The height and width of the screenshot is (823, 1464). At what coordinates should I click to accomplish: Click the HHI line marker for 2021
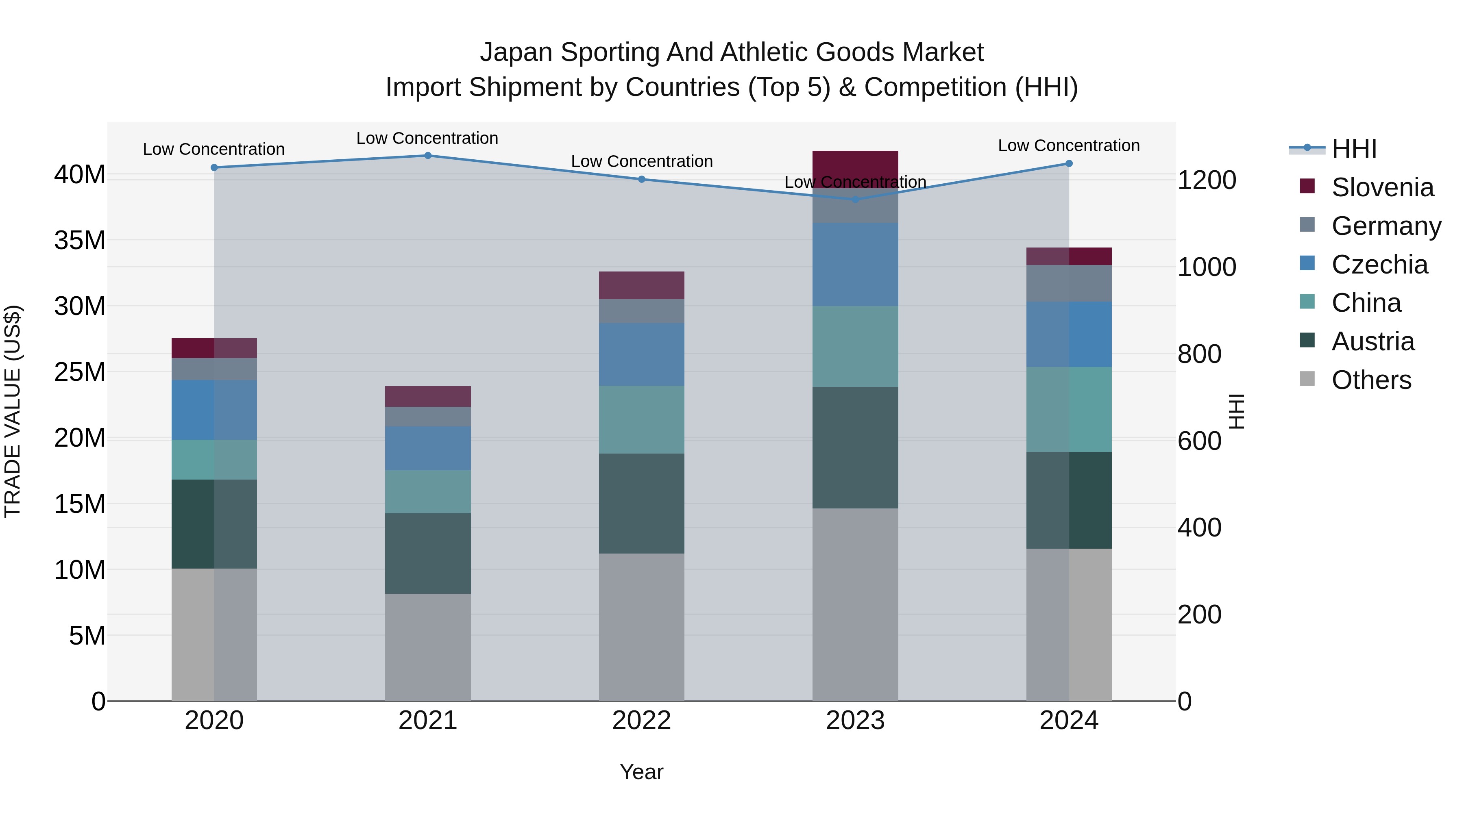tap(428, 156)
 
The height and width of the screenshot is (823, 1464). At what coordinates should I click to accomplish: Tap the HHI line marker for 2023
tap(855, 200)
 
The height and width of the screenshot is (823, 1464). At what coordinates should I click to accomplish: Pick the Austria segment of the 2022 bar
tap(642, 503)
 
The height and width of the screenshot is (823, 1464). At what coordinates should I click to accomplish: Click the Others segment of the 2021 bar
tap(428, 647)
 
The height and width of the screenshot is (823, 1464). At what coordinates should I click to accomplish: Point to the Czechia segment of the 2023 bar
tap(855, 264)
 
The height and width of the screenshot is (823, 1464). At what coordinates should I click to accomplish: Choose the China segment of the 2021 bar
tap(428, 492)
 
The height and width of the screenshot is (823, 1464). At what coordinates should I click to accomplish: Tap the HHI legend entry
tap(1354, 149)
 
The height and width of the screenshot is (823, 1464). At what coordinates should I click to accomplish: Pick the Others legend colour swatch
tap(1307, 379)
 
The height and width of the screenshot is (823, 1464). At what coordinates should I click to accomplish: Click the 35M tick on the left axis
tap(80, 240)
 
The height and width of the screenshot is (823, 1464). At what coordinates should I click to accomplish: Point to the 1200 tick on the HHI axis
tap(1207, 180)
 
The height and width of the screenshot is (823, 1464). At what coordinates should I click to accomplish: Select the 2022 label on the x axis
tap(642, 721)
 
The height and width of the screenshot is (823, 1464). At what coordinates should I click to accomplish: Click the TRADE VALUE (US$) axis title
tap(13, 411)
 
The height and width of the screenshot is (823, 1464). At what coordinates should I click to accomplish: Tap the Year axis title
tap(642, 772)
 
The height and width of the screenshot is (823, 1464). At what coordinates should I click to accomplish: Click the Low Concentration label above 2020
tap(213, 150)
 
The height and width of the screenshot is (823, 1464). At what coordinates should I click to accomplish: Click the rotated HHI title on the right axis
tap(1237, 411)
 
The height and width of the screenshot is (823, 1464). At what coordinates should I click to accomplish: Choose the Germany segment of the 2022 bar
tap(642, 311)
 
